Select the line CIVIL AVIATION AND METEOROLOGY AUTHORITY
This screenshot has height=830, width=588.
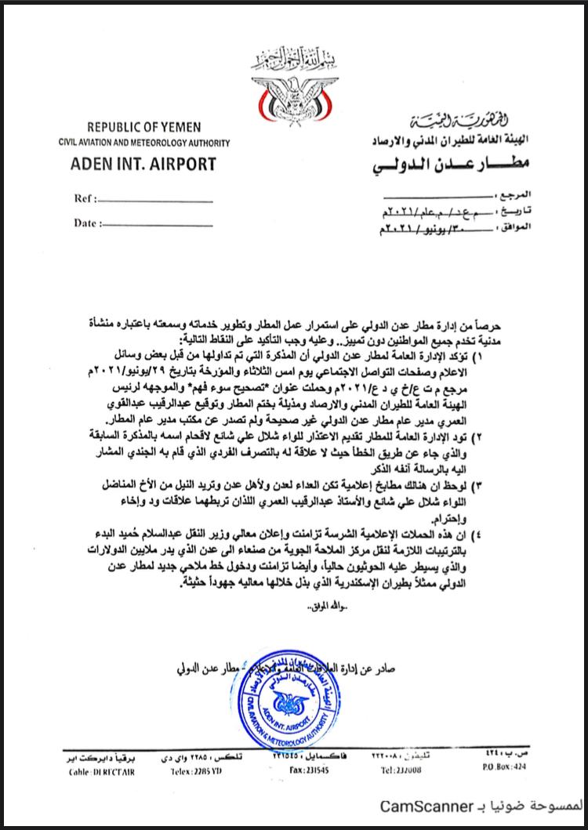tap(143, 143)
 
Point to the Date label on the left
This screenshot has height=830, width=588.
tap(87, 223)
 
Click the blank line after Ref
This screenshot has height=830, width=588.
tap(157, 201)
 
